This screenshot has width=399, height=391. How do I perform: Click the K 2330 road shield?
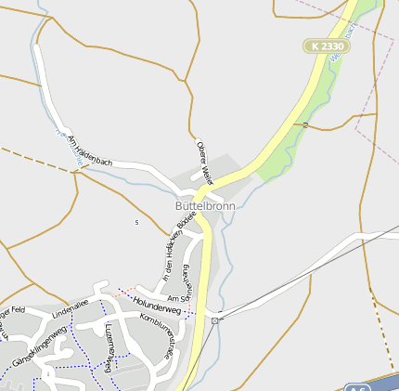tap(326, 46)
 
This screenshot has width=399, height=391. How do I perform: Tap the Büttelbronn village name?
tap(205, 206)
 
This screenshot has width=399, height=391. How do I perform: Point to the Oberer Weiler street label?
tap(205, 162)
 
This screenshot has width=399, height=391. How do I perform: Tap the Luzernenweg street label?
tap(108, 348)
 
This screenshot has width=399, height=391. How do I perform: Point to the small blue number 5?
tap(136, 223)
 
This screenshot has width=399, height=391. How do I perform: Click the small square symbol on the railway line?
tap(215, 320)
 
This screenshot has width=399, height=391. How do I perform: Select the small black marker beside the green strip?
tap(305, 123)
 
